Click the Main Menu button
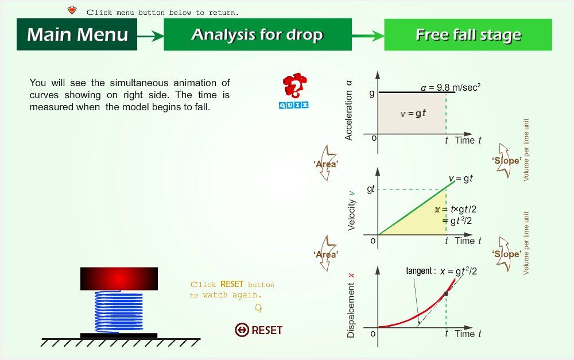(x=77, y=34)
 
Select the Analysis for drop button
(x=258, y=34)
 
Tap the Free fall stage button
(x=468, y=34)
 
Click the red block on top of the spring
(x=119, y=278)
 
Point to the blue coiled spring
(x=119, y=312)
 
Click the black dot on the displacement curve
(x=445, y=294)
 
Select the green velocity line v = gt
(x=417, y=208)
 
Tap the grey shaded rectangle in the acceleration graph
(x=412, y=113)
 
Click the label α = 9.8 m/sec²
(x=450, y=87)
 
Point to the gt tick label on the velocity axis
(x=370, y=189)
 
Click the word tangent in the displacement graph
(x=419, y=271)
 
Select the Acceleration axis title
(x=348, y=110)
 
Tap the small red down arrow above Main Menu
(x=72, y=10)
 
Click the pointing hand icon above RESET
(x=258, y=308)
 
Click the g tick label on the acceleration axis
(x=372, y=94)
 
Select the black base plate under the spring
(x=119, y=335)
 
